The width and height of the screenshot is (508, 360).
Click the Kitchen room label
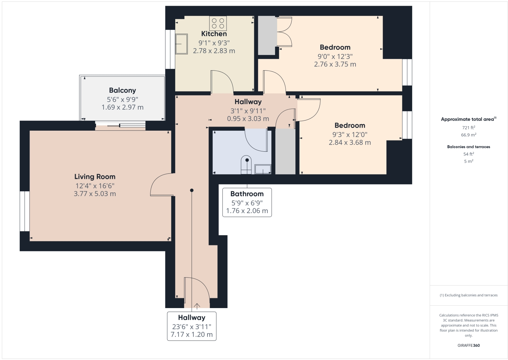pos(214,34)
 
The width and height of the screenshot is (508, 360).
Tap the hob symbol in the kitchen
pos(218,23)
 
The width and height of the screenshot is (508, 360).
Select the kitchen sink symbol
pos(181,44)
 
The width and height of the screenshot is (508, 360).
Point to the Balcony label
pos(122,91)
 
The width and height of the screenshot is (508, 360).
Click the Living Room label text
pos(95,177)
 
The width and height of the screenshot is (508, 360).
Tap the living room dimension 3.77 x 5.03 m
pos(95,194)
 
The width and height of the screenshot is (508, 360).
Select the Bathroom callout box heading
pos(247,194)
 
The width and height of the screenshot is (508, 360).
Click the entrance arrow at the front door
pos(197,306)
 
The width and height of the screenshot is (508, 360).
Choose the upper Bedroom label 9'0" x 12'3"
pos(335,56)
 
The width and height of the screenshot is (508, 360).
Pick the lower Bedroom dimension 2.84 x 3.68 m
pos(349,143)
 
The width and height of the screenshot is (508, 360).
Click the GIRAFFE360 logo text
pos(468,345)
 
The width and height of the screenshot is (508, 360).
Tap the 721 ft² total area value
pos(468,128)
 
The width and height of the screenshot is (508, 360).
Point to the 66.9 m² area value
pos(468,135)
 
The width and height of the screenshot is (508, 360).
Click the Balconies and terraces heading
pos(468,147)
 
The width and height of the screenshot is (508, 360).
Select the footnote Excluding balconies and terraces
pos(468,295)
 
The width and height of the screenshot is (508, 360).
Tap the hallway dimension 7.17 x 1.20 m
pos(192,335)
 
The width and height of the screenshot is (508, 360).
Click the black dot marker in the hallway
pos(192,190)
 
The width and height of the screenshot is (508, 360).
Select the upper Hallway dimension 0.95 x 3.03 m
pos(248,119)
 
